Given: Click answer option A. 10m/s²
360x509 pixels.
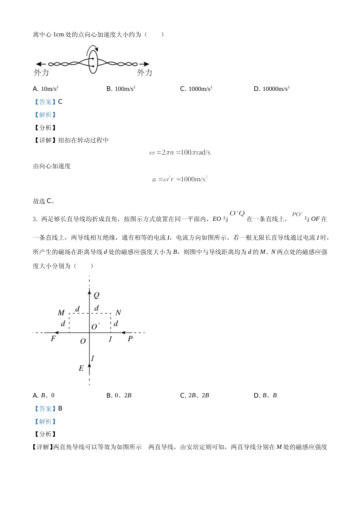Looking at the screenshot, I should [x=45, y=89].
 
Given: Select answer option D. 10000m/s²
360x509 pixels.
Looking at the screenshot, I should [x=271, y=89].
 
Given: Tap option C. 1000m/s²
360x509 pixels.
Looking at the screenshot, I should [x=196, y=89].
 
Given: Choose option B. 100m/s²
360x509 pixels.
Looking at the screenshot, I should [x=121, y=89].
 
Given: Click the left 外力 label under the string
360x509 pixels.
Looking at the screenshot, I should [x=41, y=73].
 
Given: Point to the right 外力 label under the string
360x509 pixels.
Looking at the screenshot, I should [x=144, y=73].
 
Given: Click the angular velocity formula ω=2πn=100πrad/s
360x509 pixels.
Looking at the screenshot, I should [x=180, y=152].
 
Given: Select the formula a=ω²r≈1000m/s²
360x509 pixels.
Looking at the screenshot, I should [x=180, y=179].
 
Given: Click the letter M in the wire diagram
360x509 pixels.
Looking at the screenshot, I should [x=61, y=313].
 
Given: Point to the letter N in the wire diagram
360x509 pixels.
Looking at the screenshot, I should [x=118, y=313].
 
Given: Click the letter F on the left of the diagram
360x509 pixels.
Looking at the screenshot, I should [x=53, y=339].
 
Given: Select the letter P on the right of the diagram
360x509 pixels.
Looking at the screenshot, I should [x=130, y=339].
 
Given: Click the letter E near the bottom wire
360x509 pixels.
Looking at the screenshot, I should [x=81, y=368].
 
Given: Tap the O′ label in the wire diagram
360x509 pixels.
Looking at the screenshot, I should [x=95, y=326].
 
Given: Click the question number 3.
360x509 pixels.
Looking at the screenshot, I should [x=34, y=219].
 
